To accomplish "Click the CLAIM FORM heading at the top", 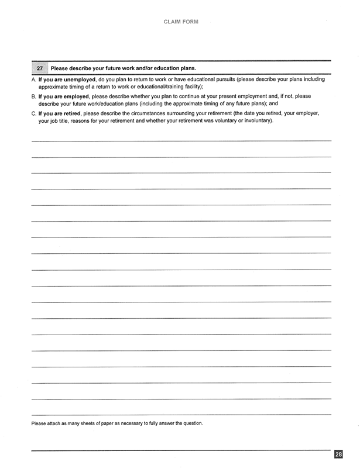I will point(180,22).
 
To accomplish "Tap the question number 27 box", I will point(40,68).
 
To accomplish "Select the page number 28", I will point(339,454).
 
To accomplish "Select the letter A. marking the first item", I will point(34,79).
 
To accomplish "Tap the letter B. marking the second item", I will point(34,96).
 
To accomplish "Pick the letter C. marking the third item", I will point(34,113).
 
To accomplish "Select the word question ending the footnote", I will point(191,423).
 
